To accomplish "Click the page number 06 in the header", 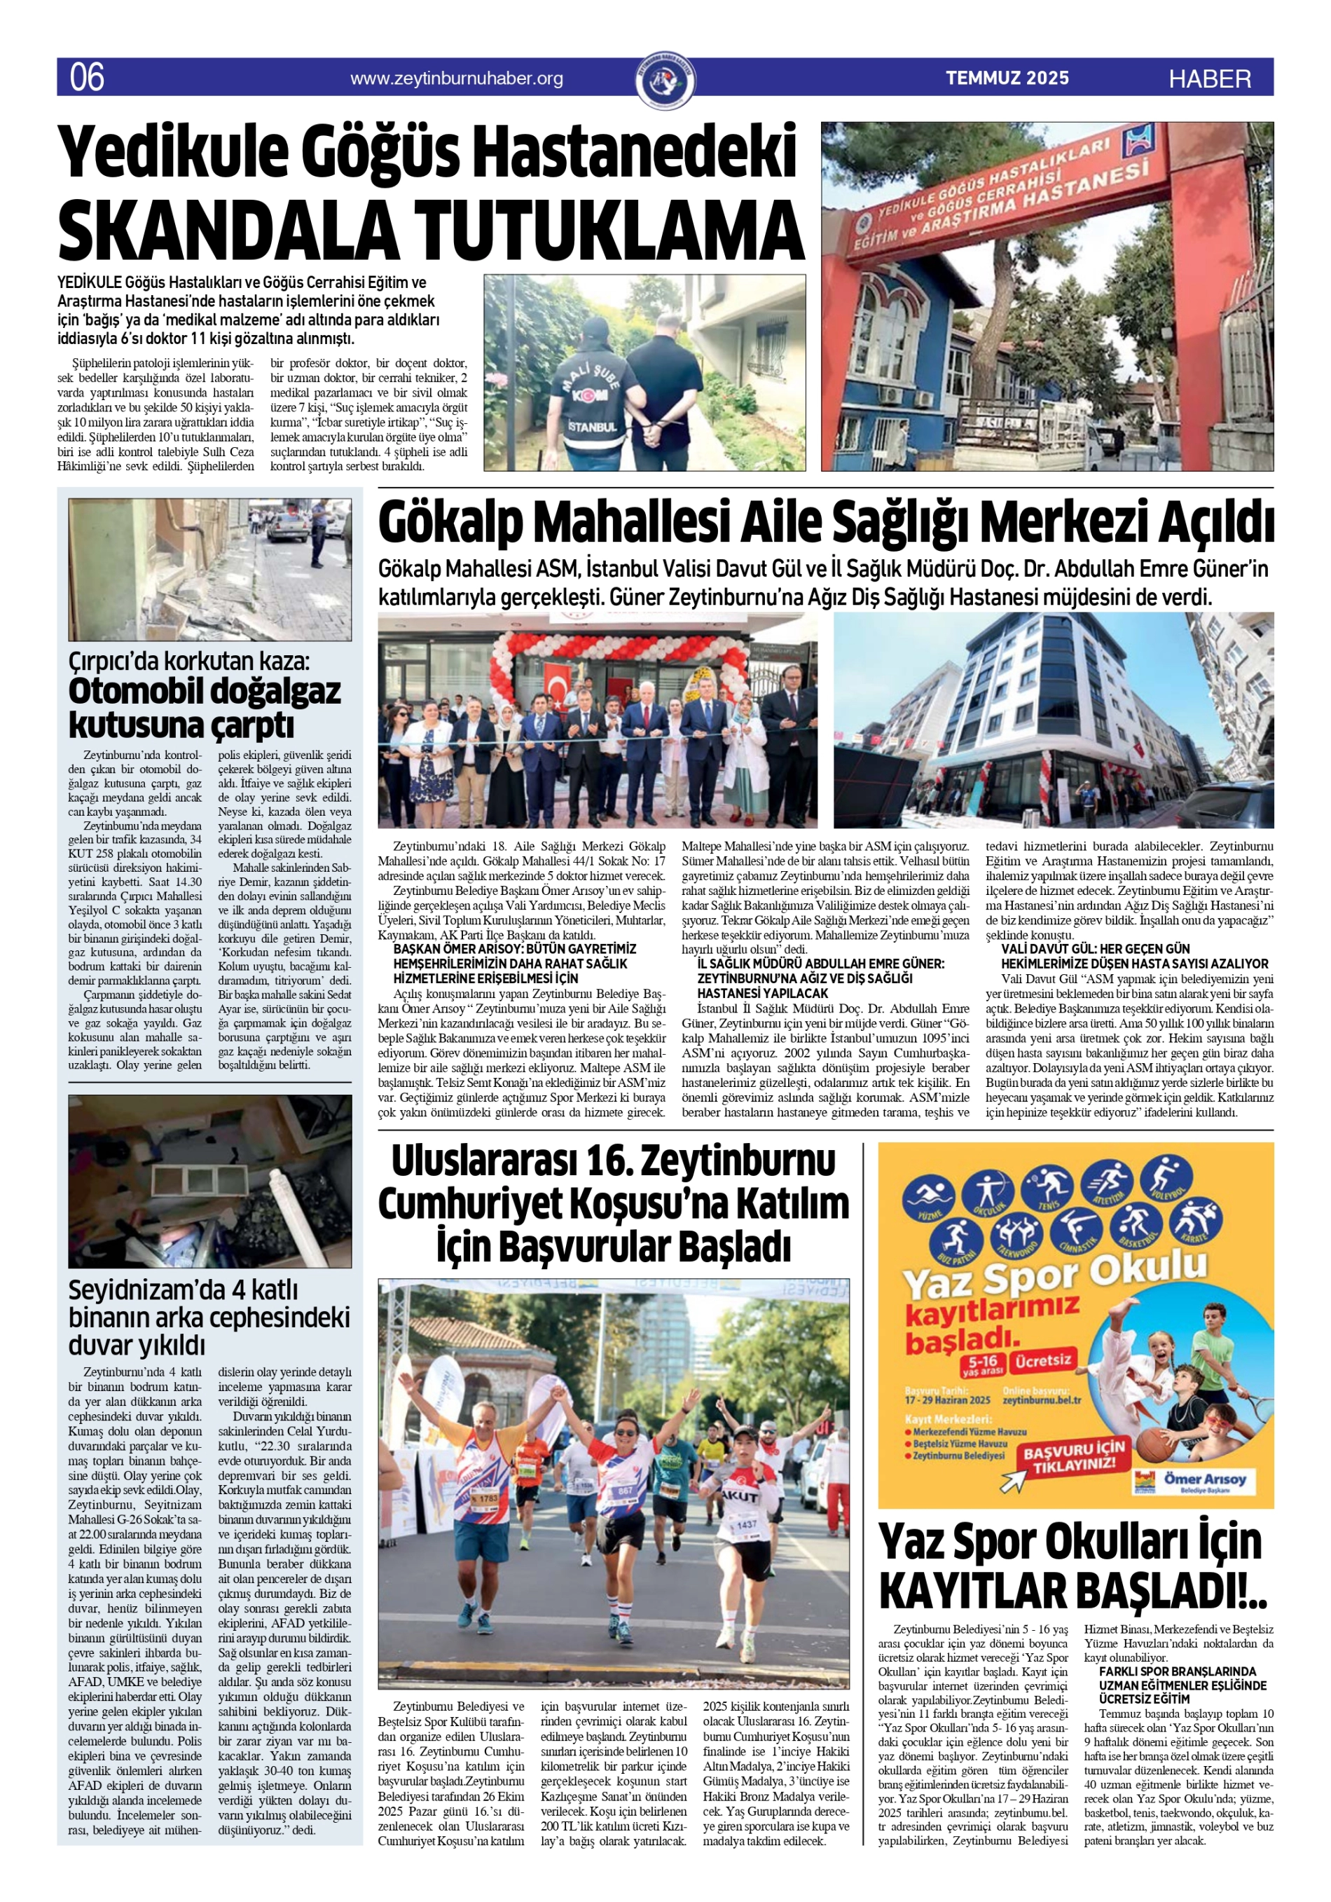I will [86, 77].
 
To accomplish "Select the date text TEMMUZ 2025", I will [1007, 78].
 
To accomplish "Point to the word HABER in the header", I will [1210, 78].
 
